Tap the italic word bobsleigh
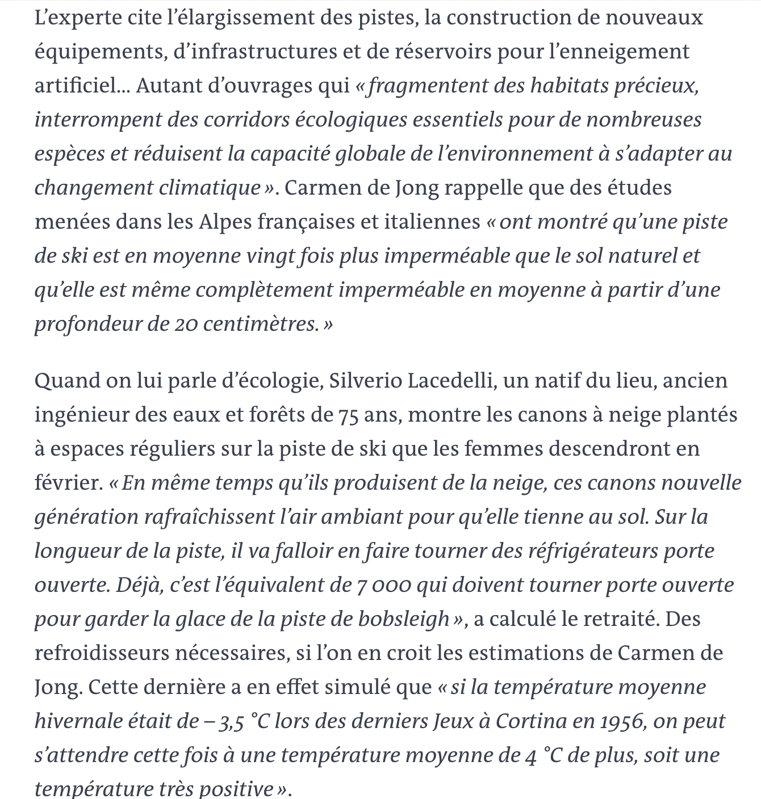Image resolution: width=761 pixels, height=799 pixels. click(x=403, y=619)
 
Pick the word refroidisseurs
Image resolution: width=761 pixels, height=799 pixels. click(x=101, y=653)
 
